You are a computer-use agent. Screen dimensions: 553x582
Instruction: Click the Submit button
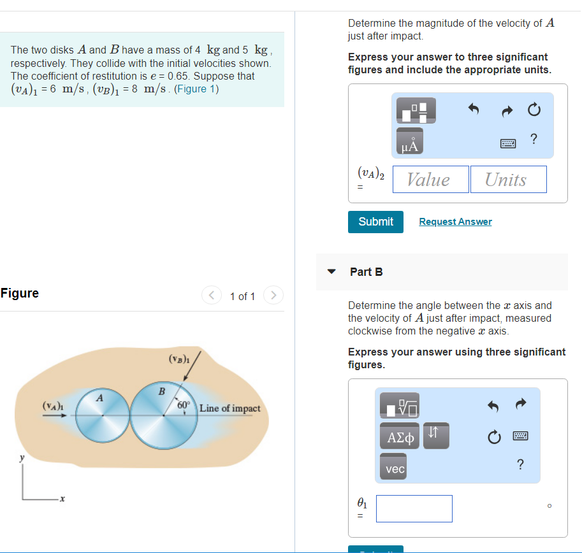375,222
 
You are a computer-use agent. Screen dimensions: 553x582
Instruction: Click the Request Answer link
455,222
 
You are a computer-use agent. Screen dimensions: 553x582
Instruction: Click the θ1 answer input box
414,508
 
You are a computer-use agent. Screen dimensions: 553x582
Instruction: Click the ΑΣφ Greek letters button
400,437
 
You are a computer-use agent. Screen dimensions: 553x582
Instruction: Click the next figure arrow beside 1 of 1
273,296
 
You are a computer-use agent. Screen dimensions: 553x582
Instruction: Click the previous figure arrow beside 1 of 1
211,296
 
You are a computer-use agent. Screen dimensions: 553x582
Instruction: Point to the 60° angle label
184,405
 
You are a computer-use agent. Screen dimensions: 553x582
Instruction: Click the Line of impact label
229,408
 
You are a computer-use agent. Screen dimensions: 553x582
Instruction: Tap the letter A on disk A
100,398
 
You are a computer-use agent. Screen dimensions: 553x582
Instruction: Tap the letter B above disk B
161,391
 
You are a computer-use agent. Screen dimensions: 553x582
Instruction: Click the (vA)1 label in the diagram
52,405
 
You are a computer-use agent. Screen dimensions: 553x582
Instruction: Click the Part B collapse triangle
331,271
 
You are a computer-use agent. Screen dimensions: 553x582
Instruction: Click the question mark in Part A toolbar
534,139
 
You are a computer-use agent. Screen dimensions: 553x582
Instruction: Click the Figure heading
20,293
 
